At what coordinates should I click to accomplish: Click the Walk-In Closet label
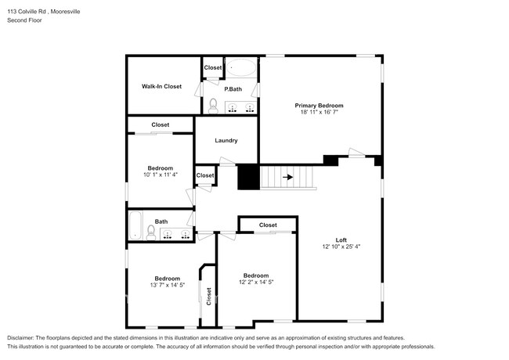pyautogui.click(x=161, y=86)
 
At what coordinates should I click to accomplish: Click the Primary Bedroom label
pyautogui.click(x=319, y=105)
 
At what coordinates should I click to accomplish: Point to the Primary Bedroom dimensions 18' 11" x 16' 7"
pyautogui.click(x=319, y=113)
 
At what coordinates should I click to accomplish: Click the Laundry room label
pyautogui.click(x=226, y=141)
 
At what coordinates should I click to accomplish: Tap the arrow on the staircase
pyautogui.click(x=288, y=178)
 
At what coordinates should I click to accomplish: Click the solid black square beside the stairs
pyautogui.click(x=248, y=178)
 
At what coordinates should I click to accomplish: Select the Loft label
pyautogui.click(x=341, y=239)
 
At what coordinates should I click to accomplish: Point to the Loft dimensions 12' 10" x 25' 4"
pyautogui.click(x=341, y=247)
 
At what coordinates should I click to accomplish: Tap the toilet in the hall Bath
pyautogui.click(x=151, y=232)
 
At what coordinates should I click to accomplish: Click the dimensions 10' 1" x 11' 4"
pyautogui.click(x=161, y=175)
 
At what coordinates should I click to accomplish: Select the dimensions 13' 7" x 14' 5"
pyautogui.click(x=167, y=286)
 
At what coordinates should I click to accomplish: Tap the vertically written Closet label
pyautogui.click(x=208, y=296)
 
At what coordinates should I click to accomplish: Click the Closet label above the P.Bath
pyautogui.click(x=213, y=67)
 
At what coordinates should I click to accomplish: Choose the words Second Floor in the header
pyautogui.click(x=24, y=20)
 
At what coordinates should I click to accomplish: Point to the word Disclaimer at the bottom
pyautogui.click(x=23, y=337)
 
